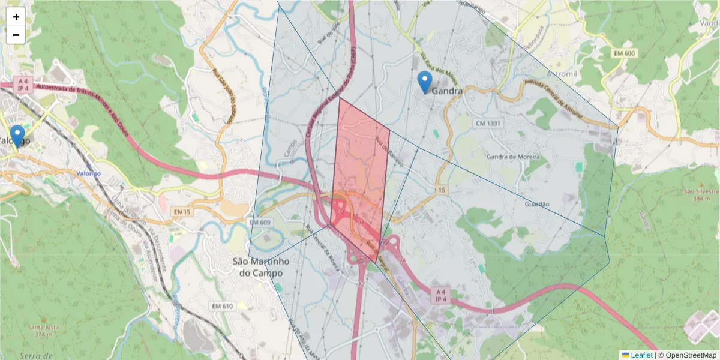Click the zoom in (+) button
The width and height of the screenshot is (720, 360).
[x=16, y=17]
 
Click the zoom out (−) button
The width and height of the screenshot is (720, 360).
[x=16, y=35]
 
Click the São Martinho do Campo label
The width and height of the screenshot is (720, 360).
[x=261, y=268]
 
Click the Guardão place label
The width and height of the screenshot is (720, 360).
[x=537, y=204]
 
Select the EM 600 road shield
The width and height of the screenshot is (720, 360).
[x=624, y=53]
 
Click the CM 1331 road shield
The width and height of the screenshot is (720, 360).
[x=488, y=123]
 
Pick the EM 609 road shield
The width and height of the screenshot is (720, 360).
[x=261, y=223]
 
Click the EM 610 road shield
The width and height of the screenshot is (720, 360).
[x=221, y=307]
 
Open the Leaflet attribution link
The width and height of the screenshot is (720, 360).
[x=641, y=355]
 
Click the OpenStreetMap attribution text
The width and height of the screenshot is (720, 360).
[x=688, y=355]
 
